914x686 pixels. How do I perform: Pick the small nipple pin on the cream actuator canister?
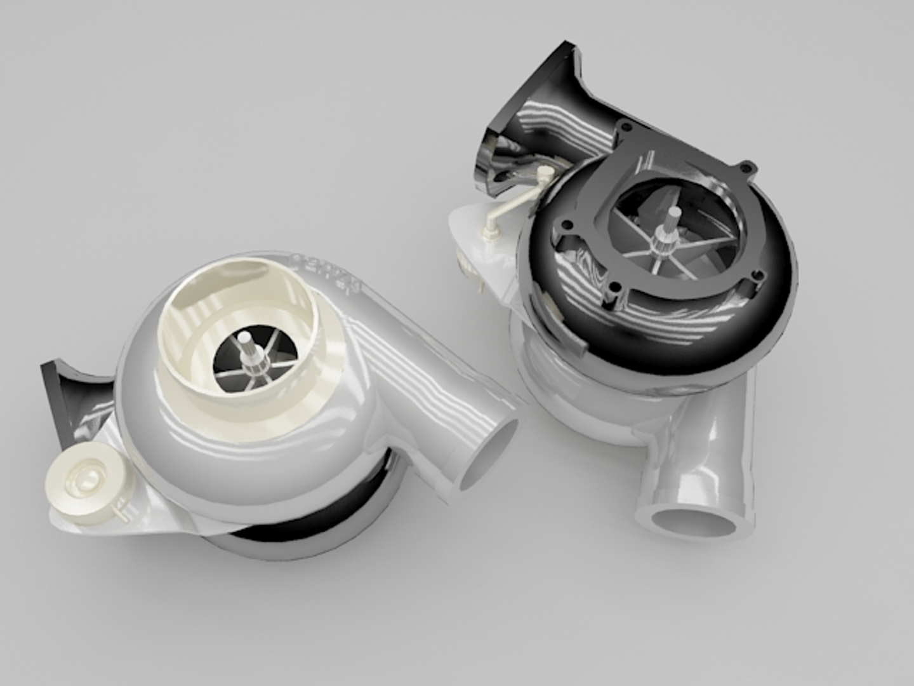118,506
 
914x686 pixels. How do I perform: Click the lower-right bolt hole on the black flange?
757,274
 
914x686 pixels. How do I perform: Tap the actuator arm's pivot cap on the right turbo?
543,171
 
